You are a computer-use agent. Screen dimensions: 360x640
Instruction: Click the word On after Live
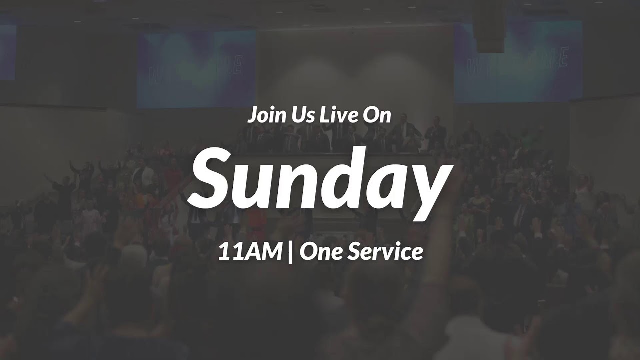377,116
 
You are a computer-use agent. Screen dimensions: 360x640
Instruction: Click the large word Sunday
320,179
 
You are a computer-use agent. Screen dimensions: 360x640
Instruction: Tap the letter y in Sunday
428,187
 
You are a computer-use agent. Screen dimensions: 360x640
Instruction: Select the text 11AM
249,252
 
